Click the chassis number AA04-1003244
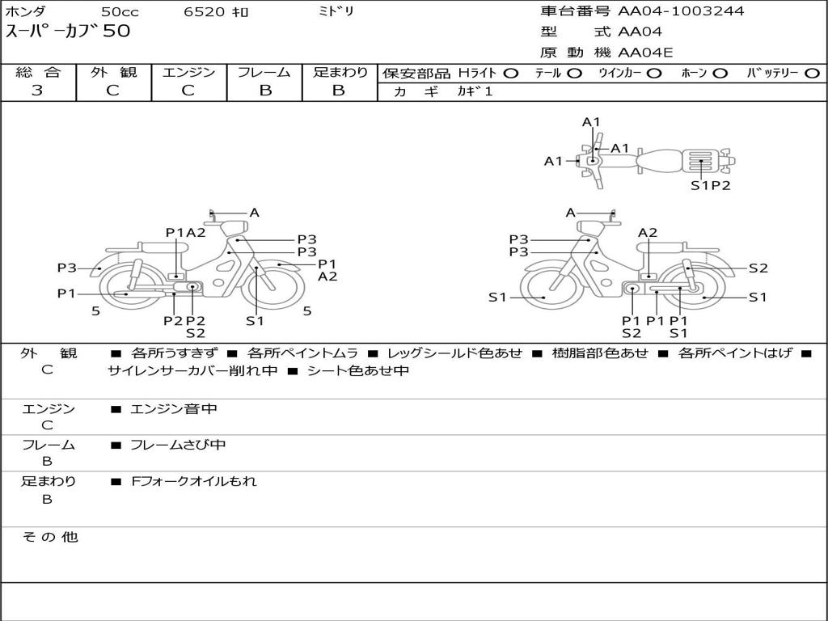click(x=681, y=11)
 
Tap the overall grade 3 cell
click(x=37, y=91)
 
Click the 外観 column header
click(x=113, y=72)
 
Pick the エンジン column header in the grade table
click(x=188, y=72)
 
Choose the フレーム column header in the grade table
click(x=264, y=72)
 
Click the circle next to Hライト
click(x=510, y=73)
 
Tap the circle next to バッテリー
click(x=812, y=73)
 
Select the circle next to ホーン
click(x=720, y=73)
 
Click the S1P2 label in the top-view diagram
click(x=710, y=185)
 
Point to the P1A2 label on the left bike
click(x=186, y=232)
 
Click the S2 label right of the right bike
click(x=758, y=268)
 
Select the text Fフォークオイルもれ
click(x=193, y=481)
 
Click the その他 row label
click(x=50, y=537)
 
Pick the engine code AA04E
click(x=645, y=53)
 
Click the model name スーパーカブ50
click(x=68, y=32)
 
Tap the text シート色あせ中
click(x=358, y=371)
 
